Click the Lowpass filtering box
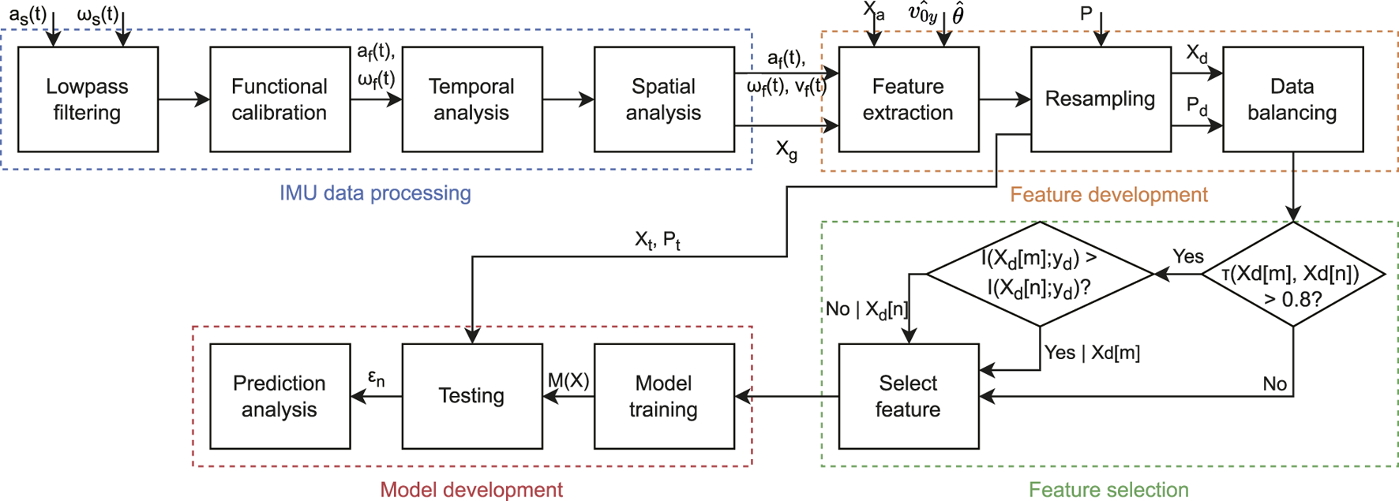click(x=88, y=99)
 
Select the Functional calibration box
click(x=279, y=99)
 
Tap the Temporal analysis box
click(x=471, y=99)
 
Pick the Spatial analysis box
click(x=664, y=99)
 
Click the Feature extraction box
click(x=908, y=99)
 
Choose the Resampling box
click(x=1100, y=99)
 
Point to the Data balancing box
click(x=1292, y=99)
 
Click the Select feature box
click(x=908, y=396)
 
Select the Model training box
click(x=664, y=396)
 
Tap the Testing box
click(x=471, y=396)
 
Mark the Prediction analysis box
click(x=279, y=396)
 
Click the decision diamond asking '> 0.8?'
click(x=1292, y=275)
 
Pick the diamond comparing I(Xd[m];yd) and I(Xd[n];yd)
click(x=1039, y=275)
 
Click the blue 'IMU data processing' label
click(x=375, y=193)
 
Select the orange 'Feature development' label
click(x=1108, y=195)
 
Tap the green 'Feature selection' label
click(x=1108, y=490)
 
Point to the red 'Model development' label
click(x=471, y=490)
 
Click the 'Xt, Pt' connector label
click(x=658, y=241)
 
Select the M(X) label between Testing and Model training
click(x=568, y=381)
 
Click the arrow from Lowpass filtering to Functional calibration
click(x=184, y=99)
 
